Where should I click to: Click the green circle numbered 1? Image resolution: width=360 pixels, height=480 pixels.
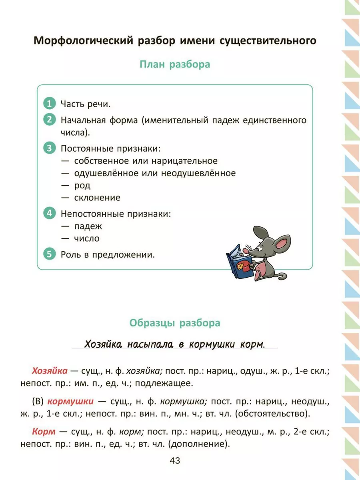(x=49, y=104)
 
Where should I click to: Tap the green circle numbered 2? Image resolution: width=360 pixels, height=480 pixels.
(x=49, y=120)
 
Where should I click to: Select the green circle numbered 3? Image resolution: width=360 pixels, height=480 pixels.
(x=49, y=148)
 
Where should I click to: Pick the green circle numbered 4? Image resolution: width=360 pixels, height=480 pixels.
(x=49, y=213)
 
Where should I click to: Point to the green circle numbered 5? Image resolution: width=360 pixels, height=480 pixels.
(x=49, y=254)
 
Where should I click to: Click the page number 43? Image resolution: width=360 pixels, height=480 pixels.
(x=175, y=460)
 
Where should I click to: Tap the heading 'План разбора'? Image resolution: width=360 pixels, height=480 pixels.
(x=175, y=64)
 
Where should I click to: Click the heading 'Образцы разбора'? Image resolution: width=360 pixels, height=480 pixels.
(x=175, y=323)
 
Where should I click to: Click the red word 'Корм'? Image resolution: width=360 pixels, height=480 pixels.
(x=42, y=431)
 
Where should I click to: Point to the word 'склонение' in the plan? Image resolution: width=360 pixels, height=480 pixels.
(x=97, y=198)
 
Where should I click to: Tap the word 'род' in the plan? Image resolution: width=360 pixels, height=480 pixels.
(x=82, y=185)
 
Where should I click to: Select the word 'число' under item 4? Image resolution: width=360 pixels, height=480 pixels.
(x=87, y=238)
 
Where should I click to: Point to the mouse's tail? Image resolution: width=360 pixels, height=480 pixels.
(x=280, y=276)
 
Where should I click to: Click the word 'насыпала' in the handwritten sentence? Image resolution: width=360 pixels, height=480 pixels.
(x=150, y=344)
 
